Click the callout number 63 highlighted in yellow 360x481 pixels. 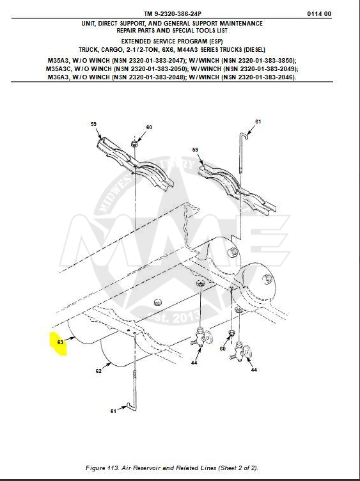point(60,342)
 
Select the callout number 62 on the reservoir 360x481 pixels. point(98,371)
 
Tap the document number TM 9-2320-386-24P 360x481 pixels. point(173,14)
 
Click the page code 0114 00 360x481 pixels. point(319,14)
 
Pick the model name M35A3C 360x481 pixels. point(58,68)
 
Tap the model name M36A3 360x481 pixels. point(58,77)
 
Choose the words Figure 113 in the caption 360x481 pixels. point(102,468)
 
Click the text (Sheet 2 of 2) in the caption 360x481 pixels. point(238,468)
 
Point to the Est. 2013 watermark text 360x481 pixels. point(174,317)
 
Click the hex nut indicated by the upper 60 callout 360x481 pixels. point(134,143)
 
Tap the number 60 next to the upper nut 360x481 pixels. point(149,127)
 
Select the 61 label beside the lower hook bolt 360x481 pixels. point(113,411)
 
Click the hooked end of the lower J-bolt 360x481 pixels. point(130,406)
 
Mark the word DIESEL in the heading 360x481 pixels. point(254,49)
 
